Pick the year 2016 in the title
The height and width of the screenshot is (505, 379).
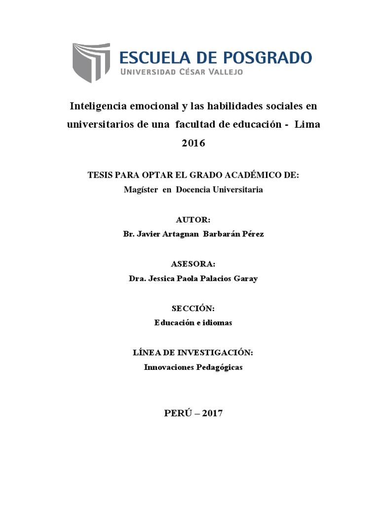pos(193,144)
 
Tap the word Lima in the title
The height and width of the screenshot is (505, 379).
pos(307,125)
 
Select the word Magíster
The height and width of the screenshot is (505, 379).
pos(140,190)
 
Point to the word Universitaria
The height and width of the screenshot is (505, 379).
pos(235,190)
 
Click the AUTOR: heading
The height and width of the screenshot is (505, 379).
pos(193,219)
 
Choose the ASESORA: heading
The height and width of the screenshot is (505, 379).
pos(193,264)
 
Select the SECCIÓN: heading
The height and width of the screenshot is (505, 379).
pos(193,308)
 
